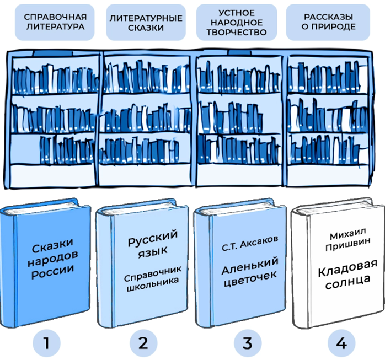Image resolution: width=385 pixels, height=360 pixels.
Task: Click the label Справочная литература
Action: (x=55, y=22)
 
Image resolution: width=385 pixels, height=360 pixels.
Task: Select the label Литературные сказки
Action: (x=146, y=22)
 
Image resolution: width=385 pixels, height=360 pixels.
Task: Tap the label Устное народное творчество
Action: (x=237, y=22)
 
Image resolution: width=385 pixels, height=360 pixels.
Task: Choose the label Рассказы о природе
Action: (x=328, y=22)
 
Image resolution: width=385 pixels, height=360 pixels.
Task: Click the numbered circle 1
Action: (x=46, y=343)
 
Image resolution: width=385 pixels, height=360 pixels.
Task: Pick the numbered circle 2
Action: (x=143, y=343)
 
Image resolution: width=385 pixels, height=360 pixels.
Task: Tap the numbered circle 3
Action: (x=248, y=343)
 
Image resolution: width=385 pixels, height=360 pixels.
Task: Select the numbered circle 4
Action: (x=341, y=343)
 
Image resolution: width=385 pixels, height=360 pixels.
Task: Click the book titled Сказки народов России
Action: (x=45, y=262)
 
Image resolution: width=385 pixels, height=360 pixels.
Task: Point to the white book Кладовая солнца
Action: (x=338, y=262)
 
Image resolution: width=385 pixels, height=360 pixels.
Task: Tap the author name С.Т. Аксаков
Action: (x=250, y=243)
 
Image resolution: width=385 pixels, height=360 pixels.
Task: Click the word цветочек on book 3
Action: (x=250, y=279)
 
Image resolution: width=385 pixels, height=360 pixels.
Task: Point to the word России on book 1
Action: (x=53, y=272)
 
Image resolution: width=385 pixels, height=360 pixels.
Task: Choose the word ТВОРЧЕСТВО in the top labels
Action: (x=237, y=32)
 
